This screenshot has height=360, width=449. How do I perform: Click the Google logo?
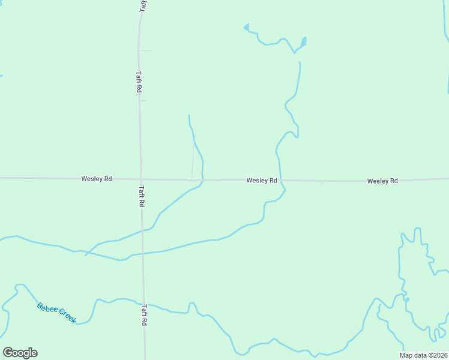20,353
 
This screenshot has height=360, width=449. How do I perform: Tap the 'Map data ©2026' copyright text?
424,355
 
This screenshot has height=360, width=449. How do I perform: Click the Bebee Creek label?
56,313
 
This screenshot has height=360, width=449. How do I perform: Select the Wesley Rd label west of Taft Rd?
96,179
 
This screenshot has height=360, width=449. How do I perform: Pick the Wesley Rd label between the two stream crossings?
261,180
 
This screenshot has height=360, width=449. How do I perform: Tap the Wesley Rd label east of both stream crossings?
382,181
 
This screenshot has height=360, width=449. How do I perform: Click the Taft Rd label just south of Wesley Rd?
142,196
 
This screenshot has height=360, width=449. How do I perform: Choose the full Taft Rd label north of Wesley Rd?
139,82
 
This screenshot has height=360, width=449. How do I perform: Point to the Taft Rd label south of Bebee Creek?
145,314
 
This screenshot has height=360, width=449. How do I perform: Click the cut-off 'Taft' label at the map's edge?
143,5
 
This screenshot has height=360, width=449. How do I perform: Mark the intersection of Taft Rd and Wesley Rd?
140,179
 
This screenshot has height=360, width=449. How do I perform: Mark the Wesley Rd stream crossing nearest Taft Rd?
202,179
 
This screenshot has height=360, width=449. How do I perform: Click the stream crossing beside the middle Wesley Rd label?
281,180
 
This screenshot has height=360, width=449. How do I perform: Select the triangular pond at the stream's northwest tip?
246,27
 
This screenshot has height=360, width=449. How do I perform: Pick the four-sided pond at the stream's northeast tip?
304,41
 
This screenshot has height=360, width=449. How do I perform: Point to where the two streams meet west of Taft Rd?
88,253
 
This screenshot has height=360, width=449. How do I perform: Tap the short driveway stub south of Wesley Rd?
322,183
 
